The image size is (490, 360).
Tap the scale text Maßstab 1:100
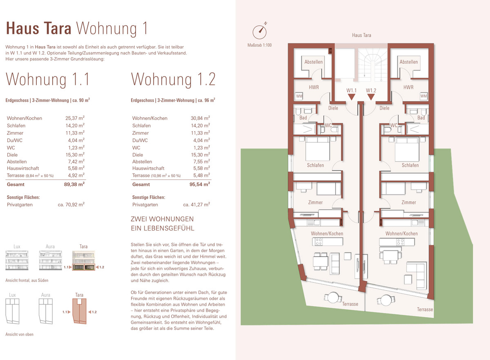(259, 45)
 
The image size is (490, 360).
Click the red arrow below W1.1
(352, 97)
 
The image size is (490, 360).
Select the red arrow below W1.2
(371, 97)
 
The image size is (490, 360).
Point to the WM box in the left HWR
(299, 96)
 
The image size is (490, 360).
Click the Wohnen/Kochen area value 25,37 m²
(75, 118)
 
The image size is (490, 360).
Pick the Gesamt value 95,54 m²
(200, 184)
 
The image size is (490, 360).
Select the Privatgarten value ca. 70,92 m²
(71, 204)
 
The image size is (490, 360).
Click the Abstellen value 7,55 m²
(200, 161)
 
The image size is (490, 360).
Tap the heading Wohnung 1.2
(173, 79)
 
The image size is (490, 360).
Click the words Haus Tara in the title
(38, 29)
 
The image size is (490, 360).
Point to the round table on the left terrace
(333, 297)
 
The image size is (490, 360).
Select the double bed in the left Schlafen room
(317, 149)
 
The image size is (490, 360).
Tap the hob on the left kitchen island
(318, 241)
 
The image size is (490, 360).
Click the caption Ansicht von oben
(20, 334)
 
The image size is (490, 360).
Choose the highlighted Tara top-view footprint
(79, 311)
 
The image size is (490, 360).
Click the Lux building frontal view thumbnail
(17, 260)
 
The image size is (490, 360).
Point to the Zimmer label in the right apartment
(409, 202)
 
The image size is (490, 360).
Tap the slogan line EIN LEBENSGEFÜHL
(163, 228)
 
